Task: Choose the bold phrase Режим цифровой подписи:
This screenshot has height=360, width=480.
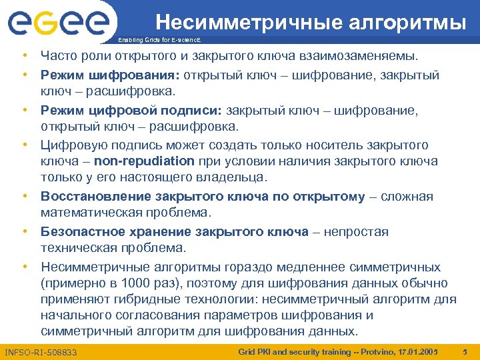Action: [x=131, y=110]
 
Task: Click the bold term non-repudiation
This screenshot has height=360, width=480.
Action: [x=144, y=161]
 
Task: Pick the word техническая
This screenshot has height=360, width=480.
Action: [x=75, y=248]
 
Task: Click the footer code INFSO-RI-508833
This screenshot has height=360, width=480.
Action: [x=41, y=351]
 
